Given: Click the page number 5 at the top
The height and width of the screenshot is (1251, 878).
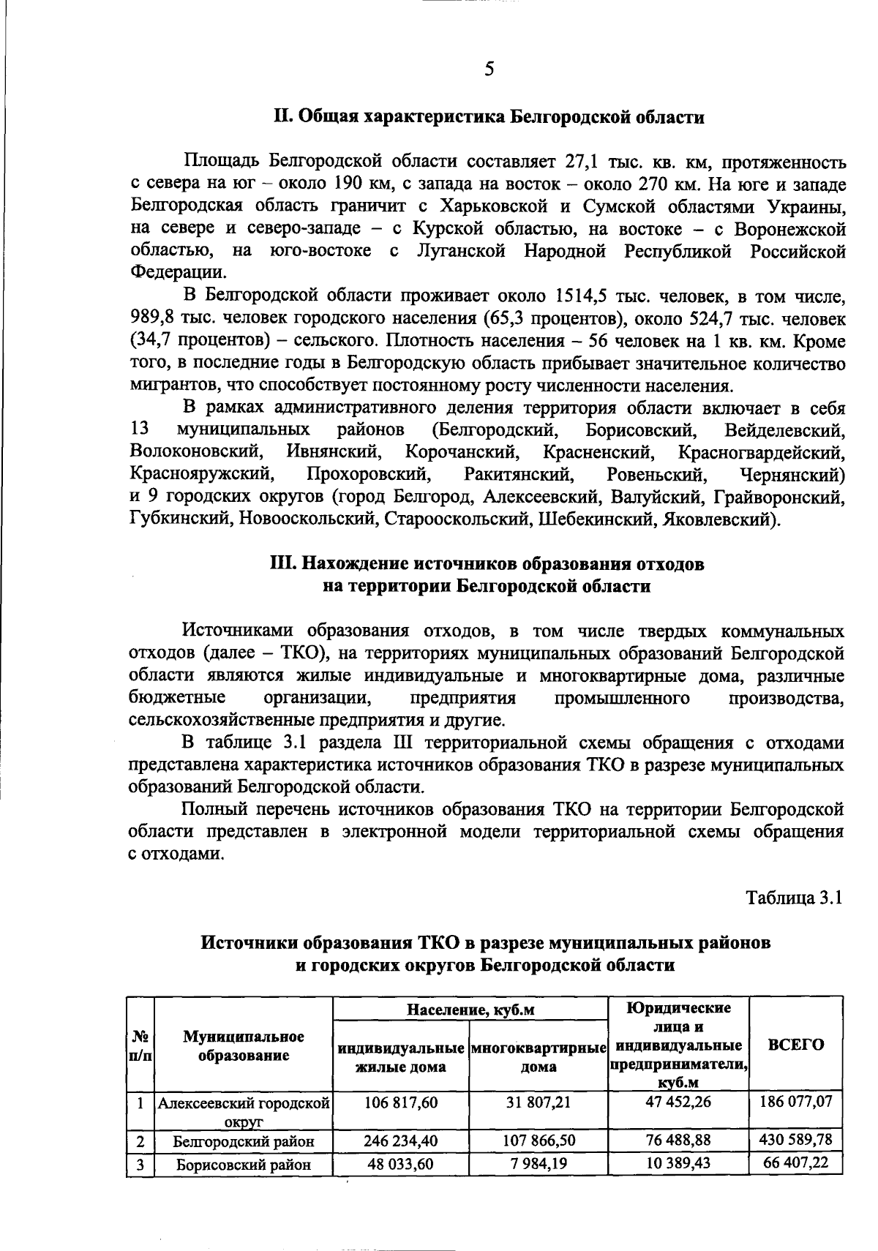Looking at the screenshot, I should pos(489,69).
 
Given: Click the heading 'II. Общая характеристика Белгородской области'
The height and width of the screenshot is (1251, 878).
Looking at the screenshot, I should pos(489,117).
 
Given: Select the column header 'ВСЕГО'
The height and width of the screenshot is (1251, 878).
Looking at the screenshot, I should pos(796,1044).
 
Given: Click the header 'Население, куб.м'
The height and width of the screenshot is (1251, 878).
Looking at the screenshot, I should pos(470,1010).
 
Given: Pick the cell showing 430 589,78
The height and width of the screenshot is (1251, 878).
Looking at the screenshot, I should pos(797,1140).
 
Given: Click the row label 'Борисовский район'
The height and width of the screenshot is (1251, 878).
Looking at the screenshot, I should pos(244,1165).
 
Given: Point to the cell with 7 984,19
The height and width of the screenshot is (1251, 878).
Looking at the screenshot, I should pos(539,1163).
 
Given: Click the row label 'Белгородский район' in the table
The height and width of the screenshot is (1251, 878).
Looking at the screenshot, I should pos(244,1141).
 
